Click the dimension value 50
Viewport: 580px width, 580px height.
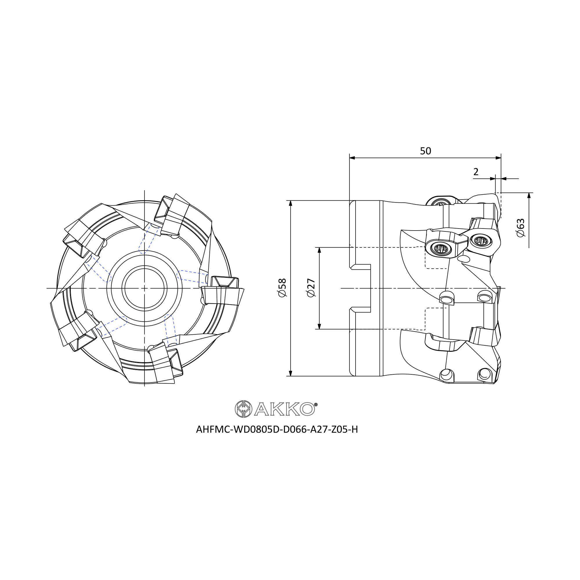425,151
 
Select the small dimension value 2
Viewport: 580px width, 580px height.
476,172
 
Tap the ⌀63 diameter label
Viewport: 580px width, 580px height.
521,228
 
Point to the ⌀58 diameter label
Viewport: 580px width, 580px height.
282,288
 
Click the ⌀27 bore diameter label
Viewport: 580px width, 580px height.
311,288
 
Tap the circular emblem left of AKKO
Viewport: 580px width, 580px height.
243,409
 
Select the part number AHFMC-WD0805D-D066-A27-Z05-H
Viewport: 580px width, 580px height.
277,429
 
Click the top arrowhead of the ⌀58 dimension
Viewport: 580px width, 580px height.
290,203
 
